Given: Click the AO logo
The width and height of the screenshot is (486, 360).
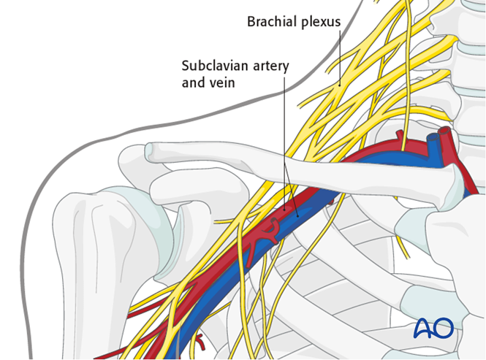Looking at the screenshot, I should coord(433,328).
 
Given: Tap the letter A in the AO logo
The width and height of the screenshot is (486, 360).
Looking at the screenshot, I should coord(423,328).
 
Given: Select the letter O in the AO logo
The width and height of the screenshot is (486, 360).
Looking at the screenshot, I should coord(444,328).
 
